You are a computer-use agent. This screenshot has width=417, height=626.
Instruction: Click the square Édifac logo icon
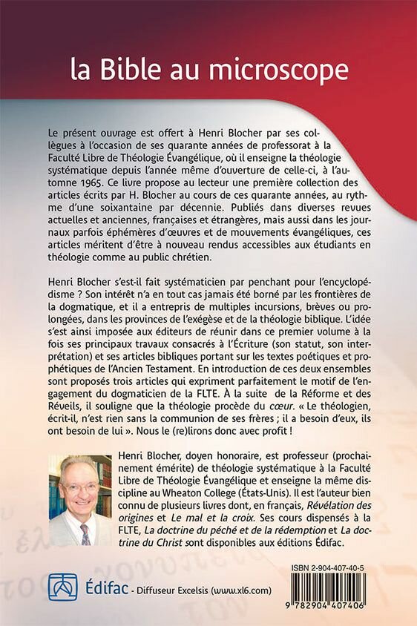[x=62, y=587]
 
